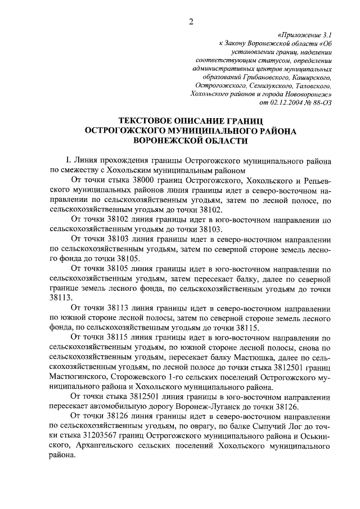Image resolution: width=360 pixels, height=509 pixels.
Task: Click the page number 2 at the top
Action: (x=191, y=22)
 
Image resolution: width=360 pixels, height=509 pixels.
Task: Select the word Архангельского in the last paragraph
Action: (x=85, y=448)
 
